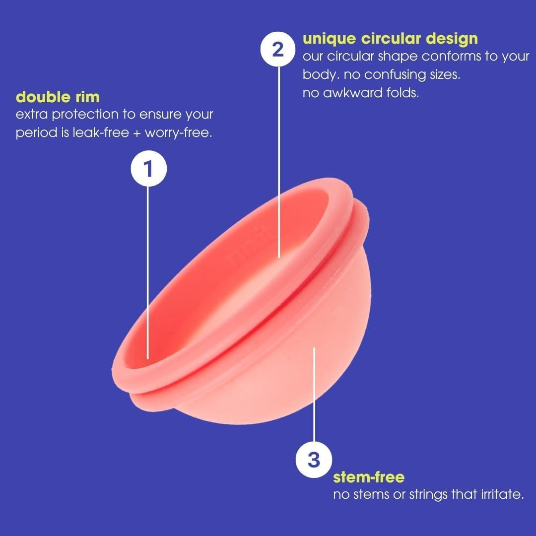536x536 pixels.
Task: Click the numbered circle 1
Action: point(148,169)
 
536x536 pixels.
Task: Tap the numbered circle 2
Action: point(278,50)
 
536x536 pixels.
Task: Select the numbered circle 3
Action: point(314,460)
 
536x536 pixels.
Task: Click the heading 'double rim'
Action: point(58,96)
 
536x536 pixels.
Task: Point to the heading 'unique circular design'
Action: point(390,38)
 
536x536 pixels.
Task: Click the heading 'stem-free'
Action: point(369,477)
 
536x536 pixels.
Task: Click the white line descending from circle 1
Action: point(148,268)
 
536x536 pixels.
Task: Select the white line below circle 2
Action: point(279,164)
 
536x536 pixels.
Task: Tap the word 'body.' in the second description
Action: point(318,74)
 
